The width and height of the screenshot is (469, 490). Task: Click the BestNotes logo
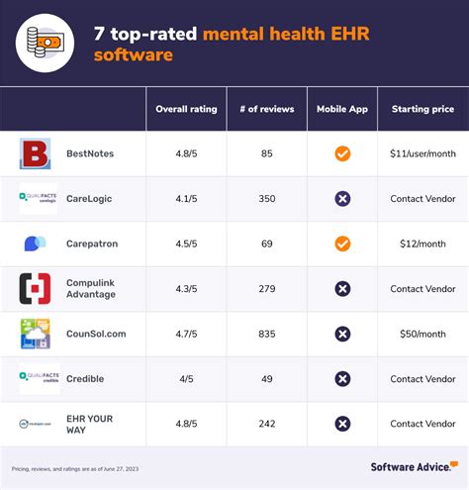point(35,153)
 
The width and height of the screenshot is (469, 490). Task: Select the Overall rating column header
point(186,109)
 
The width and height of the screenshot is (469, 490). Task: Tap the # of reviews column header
point(266,109)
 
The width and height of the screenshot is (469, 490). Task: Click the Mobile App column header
point(342,109)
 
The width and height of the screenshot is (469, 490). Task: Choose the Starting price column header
point(422,109)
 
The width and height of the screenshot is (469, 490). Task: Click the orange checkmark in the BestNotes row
point(342,153)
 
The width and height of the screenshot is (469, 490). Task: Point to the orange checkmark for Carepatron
point(342,244)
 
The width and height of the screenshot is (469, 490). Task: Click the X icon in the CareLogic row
point(342,199)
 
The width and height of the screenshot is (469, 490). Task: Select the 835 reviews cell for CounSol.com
point(266,334)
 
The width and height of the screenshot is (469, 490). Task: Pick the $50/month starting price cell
point(422,334)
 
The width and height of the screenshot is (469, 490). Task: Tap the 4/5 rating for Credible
point(186,378)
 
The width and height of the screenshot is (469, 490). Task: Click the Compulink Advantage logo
point(35,289)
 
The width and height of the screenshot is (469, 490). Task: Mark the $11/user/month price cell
point(422,153)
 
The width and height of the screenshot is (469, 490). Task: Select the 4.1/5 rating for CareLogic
point(186,199)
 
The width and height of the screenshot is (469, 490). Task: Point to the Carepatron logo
point(35,244)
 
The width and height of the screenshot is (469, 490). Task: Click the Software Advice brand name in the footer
point(409,466)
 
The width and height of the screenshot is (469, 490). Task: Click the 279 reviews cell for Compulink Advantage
point(266,289)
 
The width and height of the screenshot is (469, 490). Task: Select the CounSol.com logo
point(35,334)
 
